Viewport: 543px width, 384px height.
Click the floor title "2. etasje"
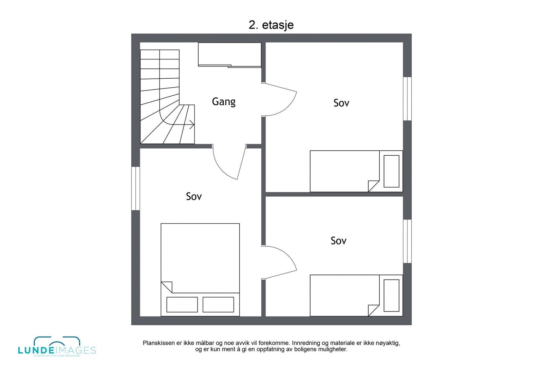point(271,25)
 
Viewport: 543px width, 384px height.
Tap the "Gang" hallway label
point(224,101)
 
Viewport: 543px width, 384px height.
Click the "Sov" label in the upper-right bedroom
point(341,103)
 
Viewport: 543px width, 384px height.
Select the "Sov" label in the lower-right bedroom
point(338,241)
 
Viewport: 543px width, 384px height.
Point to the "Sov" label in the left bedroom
point(194,196)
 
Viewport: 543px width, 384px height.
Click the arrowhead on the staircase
point(192,125)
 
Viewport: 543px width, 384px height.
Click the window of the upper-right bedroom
point(407,99)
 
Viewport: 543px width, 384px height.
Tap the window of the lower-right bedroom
point(407,241)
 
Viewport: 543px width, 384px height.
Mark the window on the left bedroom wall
point(136,188)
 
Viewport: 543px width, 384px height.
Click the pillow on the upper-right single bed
point(391,171)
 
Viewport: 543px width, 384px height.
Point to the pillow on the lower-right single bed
point(391,295)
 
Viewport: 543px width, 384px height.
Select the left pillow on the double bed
point(182,305)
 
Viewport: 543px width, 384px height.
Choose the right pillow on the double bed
point(218,305)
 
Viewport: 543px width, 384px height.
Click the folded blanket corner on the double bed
point(167,287)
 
